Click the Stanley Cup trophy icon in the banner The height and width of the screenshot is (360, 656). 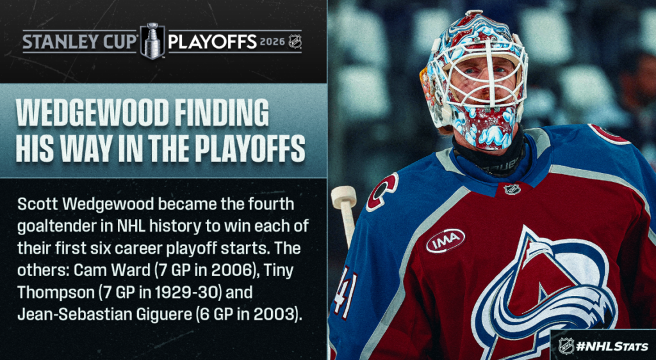[x=152, y=42]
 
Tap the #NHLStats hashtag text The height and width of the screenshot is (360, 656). [x=612, y=347]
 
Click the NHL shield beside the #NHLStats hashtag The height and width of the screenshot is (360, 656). [x=566, y=346]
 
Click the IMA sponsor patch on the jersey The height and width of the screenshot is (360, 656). [x=445, y=240]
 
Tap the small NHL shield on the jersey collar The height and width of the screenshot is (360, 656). [x=512, y=189]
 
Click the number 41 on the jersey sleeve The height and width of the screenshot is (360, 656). [x=345, y=291]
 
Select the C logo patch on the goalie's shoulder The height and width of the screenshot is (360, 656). [x=382, y=192]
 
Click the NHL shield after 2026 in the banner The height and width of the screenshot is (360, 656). [x=295, y=42]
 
